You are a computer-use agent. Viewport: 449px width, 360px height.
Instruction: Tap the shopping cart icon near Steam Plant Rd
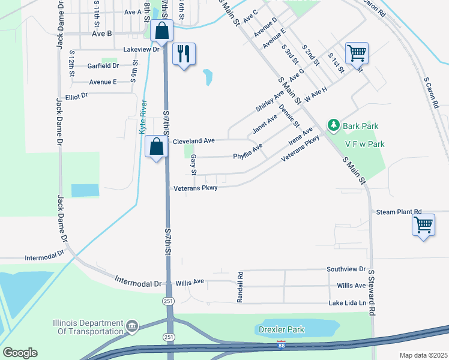424,226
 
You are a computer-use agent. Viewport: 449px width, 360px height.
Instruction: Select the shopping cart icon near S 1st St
357,53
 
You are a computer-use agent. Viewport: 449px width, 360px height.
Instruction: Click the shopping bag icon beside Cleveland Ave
156,146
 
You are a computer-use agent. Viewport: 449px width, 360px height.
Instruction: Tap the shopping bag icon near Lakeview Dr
161,31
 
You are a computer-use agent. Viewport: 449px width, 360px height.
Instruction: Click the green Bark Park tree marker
333,125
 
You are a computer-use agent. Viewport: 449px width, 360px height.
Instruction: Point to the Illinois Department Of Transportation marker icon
131,327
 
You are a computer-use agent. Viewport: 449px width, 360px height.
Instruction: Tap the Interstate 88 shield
282,345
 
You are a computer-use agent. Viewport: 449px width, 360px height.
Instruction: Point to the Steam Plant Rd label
399,212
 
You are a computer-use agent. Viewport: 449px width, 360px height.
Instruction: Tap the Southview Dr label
346,269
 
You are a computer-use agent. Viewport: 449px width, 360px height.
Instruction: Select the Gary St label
193,164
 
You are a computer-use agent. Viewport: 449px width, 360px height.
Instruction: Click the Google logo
20,353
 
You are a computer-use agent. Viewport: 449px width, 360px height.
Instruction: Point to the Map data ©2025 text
423,355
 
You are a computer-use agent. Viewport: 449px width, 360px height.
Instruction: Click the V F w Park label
364,144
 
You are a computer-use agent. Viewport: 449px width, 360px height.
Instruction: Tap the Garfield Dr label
103,66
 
